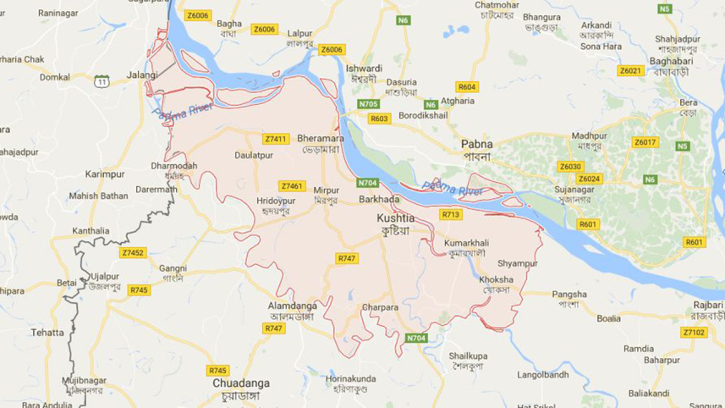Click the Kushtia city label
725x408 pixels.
pos(393,218)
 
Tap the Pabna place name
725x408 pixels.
pos(477,144)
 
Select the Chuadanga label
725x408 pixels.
pos(241,383)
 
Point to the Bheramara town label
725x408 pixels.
pos(320,138)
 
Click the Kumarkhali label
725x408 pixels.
pos(466,243)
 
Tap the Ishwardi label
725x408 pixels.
pos(364,69)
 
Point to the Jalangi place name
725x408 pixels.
pos(142,74)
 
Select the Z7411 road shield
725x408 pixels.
pos(276,139)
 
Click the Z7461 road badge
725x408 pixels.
pos(292,186)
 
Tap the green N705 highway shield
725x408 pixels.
pos(368,104)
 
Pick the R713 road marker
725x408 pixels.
pos(451,215)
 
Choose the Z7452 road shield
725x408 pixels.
pos(133,252)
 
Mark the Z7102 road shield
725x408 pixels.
pos(694,332)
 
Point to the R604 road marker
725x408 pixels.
pos(467,86)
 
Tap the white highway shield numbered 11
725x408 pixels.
pos(102,81)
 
